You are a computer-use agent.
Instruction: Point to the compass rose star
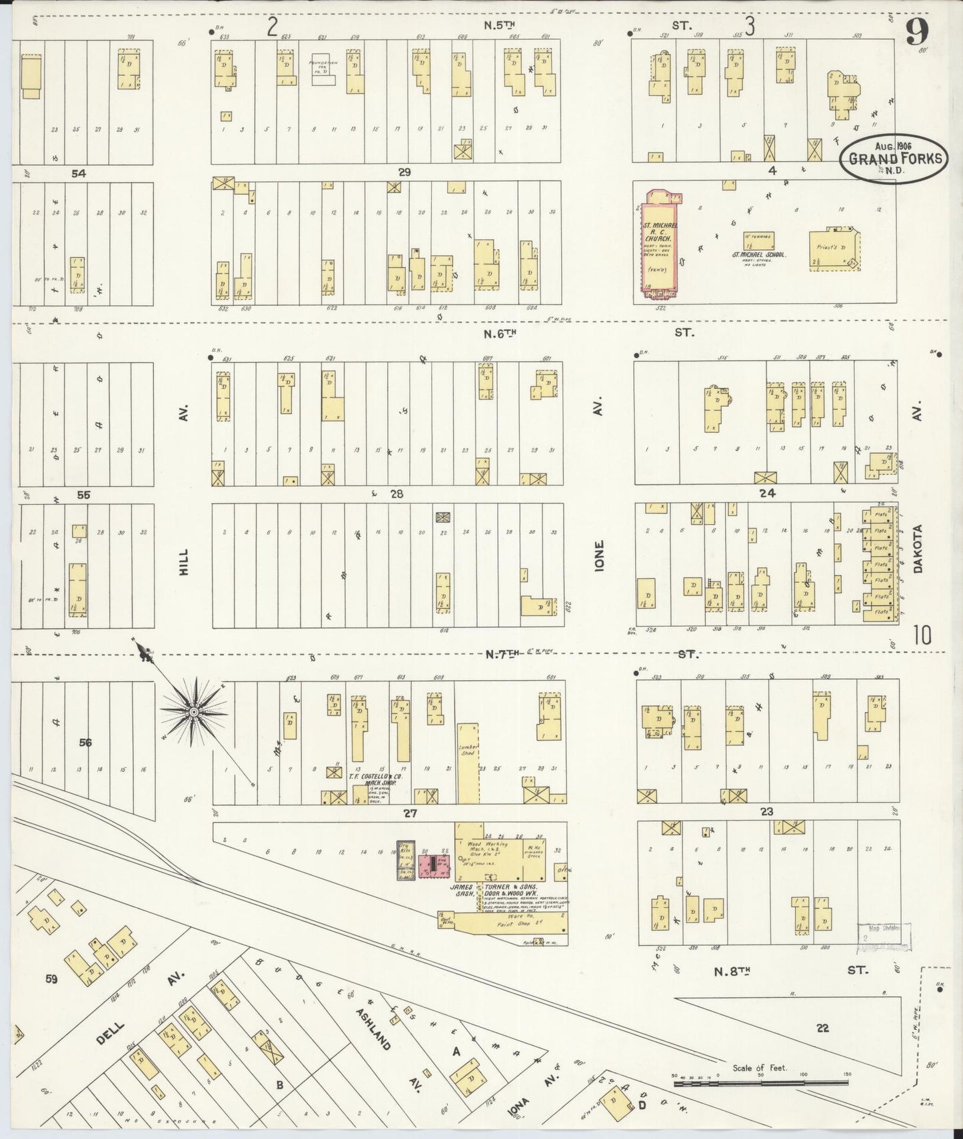(x=193, y=711)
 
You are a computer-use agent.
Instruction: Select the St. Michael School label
(x=760, y=255)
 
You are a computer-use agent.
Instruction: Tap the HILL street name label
(x=184, y=563)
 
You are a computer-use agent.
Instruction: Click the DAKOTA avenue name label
(x=918, y=549)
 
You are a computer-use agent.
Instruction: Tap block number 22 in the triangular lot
(x=822, y=1028)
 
